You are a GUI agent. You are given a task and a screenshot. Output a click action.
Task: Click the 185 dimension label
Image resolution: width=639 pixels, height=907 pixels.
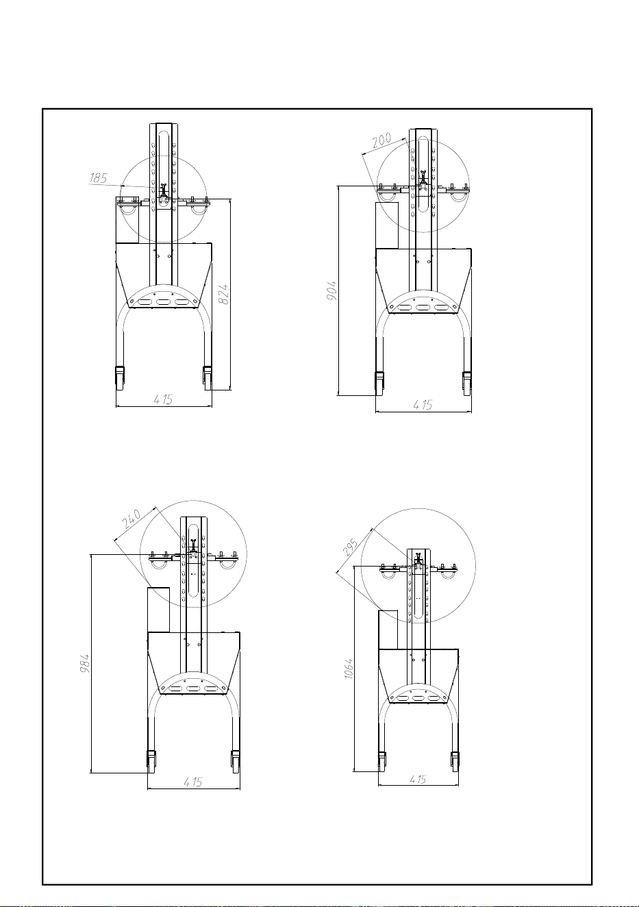(x=99, y=178)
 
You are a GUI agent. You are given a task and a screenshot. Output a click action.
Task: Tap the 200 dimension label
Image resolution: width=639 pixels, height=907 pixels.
(x=382, y=140)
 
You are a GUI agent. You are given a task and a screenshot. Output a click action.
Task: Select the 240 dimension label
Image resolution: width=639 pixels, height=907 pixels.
(x=131, y=519)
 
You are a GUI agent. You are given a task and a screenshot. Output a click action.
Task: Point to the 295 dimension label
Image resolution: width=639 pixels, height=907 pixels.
(x=350, y=547)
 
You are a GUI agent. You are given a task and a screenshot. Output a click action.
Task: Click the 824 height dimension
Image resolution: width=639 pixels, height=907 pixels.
(x=223, y=295)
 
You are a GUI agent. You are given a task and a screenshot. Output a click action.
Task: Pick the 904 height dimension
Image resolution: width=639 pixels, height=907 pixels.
(x=331, y=290)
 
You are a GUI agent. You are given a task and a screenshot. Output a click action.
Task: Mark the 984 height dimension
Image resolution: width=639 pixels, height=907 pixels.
(x=84, y=663)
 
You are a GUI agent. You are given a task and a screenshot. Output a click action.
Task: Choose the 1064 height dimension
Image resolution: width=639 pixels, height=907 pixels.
(x=348, y=669)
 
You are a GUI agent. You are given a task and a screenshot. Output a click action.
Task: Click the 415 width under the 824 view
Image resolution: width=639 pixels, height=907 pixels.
(x=164, y=399)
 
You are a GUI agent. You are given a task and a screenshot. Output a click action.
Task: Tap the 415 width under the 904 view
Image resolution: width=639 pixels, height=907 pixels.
(x=423, y=404)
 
